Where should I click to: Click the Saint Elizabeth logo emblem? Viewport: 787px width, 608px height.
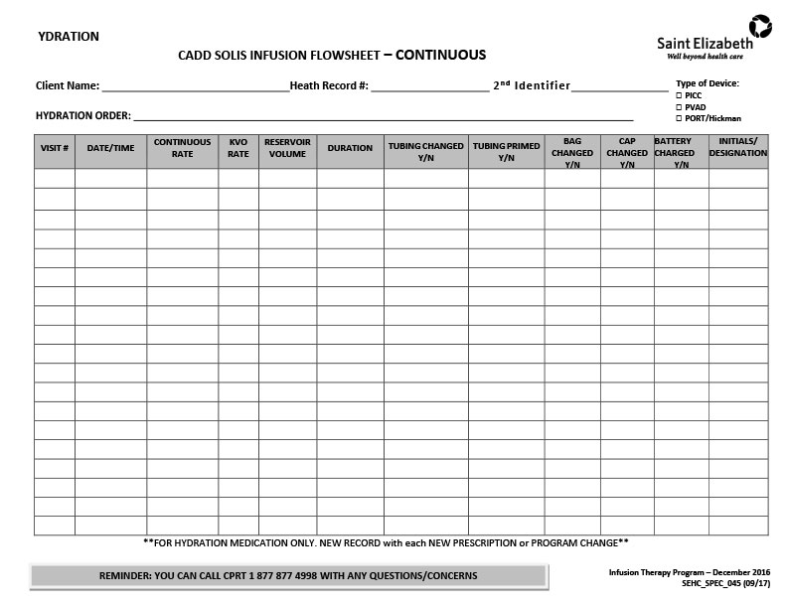[x=760, y=27]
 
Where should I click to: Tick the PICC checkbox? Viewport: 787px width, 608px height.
[x=679, y=95]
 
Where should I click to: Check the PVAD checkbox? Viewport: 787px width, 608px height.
[x=679, y=106]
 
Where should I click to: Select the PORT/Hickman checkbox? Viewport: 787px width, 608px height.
[x=679, y=118]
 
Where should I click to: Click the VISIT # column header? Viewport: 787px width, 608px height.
[x=54, y=148]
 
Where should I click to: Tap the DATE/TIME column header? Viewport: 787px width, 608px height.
[x=110, y=148]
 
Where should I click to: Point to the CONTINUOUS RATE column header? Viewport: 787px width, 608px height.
[x=182, y=148]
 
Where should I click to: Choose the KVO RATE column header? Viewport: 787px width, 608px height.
[x=238, y=148]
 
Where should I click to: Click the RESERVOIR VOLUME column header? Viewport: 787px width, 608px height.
[x=287, y=148]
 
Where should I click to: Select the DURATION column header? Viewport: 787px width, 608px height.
[x=350, y=148]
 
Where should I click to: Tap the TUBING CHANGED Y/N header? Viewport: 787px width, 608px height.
[x=425, y=152]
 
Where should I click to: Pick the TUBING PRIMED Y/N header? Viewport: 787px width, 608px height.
[x=506, y=152]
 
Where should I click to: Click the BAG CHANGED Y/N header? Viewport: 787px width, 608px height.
[x=571, y=153]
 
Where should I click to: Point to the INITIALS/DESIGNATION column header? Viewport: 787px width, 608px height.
[x=737, y=147]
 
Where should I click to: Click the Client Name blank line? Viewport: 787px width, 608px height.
[x=194, y=86]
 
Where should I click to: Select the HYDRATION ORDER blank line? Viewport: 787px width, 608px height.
[x=383, y=116]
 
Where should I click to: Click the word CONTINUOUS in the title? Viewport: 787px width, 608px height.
[x=441, y=55]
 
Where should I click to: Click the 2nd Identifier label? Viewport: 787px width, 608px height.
[x=532, y=85]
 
